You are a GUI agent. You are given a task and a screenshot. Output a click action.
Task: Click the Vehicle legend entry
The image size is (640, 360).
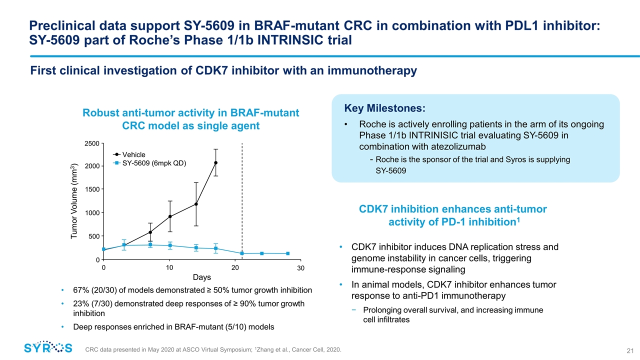(134, 154)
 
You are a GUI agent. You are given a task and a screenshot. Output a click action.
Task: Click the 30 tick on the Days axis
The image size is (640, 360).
(300, 268)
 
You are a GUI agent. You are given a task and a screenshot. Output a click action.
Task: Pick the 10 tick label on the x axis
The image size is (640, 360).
(169, 268)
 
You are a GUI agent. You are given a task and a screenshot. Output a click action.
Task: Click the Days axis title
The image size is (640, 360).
(201, 277)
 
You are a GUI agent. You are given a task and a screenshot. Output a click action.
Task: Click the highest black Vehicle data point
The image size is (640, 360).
(216, 162)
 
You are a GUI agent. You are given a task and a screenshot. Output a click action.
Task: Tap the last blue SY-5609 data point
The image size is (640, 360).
(288, 253)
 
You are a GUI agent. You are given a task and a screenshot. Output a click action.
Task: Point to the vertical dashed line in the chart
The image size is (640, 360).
(242, 200)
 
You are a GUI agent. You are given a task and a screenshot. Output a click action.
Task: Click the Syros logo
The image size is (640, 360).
(48, 347)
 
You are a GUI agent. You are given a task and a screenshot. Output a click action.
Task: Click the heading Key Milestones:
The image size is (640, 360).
(384, 108)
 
